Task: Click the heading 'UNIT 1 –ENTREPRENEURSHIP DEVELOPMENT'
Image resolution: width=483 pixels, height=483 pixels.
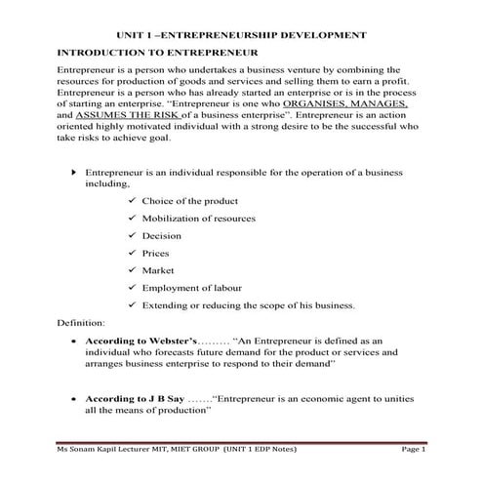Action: [x=241, y=33]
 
